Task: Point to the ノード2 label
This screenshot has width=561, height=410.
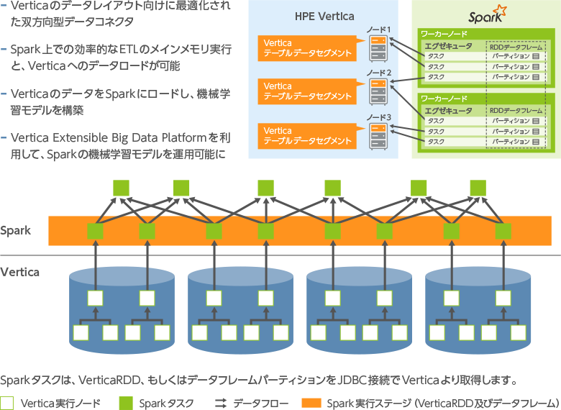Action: click(378, 73)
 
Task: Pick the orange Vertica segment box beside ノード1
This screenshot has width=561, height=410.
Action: click(308, 48)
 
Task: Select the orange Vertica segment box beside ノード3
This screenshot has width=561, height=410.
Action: click(308, 135)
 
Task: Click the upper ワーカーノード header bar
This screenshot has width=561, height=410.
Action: click(485, 34)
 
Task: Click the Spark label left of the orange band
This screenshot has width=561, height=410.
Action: click(16, 231)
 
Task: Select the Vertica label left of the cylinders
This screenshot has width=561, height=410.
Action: click(19, 273)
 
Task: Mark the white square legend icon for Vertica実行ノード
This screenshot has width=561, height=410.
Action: click(8, 403)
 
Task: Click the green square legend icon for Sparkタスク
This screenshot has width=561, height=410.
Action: click(126, 403)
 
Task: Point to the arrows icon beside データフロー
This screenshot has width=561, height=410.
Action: click(221, 403)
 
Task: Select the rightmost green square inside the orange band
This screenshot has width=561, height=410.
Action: click(503, 232)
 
